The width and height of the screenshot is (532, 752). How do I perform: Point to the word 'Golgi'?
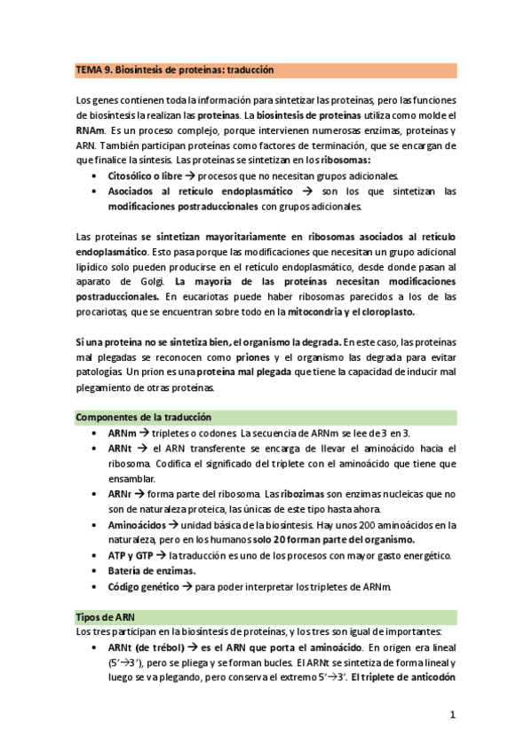click(131, 281)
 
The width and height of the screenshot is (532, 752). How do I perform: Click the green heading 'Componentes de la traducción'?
click(144, 417)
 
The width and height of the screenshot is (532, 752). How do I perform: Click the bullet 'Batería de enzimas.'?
click(152, 571)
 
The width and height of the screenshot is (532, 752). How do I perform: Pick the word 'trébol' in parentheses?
click(154, 647)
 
